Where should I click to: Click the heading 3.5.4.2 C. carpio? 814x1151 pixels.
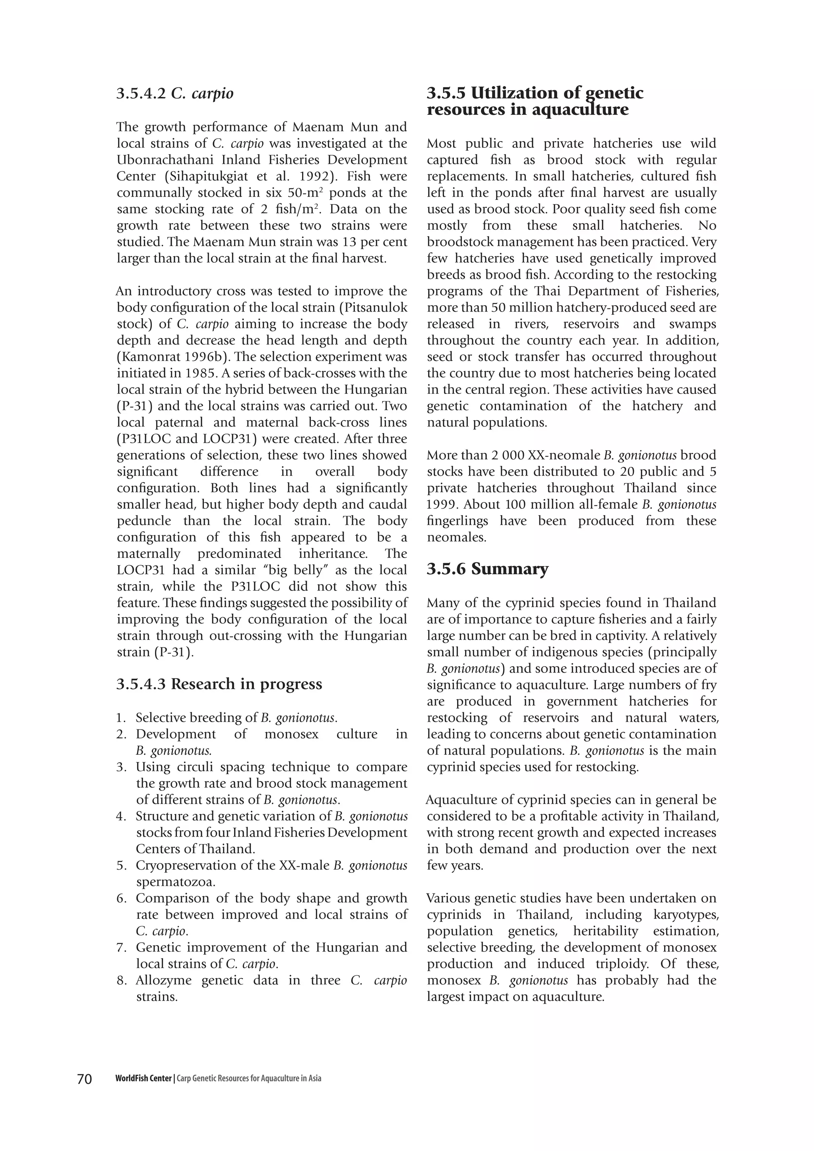click(175, 94)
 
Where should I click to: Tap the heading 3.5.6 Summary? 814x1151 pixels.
click(487, 569)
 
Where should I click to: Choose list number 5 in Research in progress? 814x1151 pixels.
click(120, 866)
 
